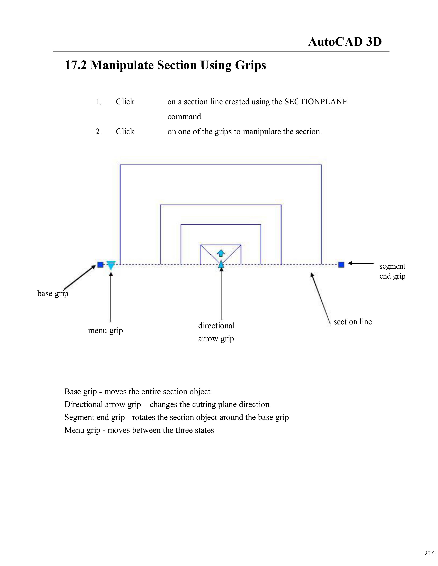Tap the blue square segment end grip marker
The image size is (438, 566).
[341, 265]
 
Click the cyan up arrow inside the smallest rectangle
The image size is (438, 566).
[221, 253]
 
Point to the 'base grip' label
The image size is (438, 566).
[53, 294]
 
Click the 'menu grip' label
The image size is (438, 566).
[105, 331]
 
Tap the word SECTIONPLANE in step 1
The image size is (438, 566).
[316, 102]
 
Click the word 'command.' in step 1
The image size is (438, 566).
[185, 117]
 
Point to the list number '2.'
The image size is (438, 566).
[99, 132]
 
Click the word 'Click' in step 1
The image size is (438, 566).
[125, 102]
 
